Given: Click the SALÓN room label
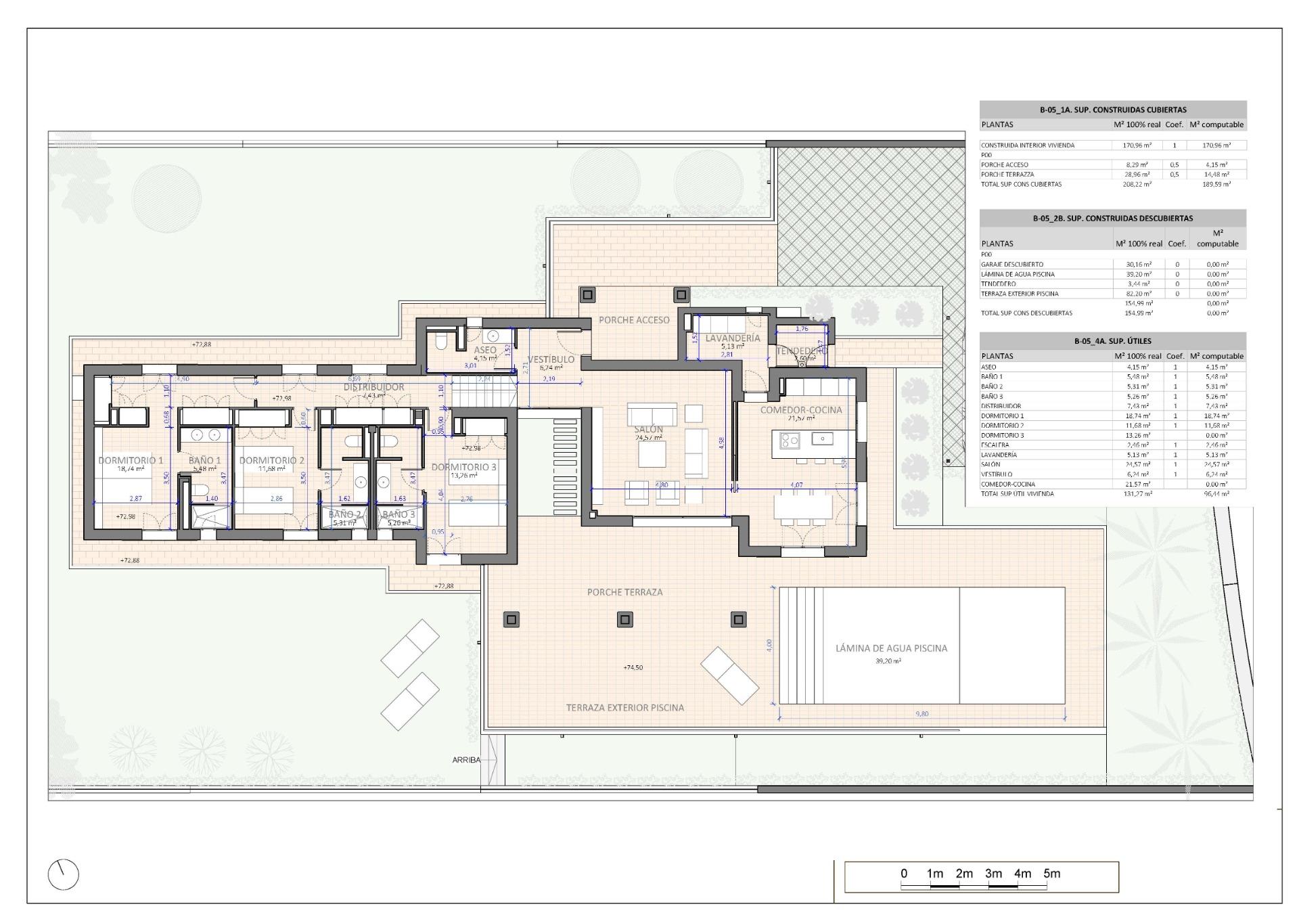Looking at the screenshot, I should click(649, 430).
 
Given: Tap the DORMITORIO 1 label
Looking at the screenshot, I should click(131, 460).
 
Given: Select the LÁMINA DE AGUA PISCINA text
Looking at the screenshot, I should click(891, 648).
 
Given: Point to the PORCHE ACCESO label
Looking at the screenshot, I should click(634, 320).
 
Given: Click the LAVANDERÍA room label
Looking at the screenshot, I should click(732, 338).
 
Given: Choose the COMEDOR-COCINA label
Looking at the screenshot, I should click(801, 410).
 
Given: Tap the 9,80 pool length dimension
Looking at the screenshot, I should click(921, 713).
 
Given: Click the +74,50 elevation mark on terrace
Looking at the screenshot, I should click(633, 667).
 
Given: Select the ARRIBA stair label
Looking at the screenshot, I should click(466, 760).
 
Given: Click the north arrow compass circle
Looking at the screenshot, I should click(63, 875).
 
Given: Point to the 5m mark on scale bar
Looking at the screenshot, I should click(1051, 874).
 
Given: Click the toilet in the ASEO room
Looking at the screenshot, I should click(440, 342).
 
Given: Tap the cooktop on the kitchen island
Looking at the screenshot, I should click(790, 441).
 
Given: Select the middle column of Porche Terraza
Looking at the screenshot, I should click(624, 619).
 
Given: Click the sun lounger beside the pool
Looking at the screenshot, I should click(729, 674).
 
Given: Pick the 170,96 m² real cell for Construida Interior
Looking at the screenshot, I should click(1136, 145).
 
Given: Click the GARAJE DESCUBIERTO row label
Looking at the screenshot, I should click(1012, 265).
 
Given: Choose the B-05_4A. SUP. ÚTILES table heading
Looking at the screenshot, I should click(1112, 341).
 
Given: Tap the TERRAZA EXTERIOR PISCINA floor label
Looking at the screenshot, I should click(624, 708).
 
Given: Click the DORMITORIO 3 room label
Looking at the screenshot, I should click(463, 467).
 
